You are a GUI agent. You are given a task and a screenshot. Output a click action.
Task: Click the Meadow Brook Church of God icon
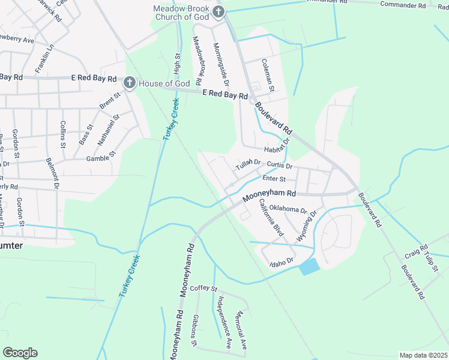click(x=218, y=11)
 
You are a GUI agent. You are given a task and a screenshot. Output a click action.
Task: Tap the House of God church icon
click(x=129, y=83)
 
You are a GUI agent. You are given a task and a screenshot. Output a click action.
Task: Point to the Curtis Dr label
click(x=280, y=166)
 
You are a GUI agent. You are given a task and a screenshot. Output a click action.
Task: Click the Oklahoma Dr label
click(x=288, y=209)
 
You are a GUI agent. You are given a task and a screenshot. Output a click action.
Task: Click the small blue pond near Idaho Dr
click(x=310, y=266)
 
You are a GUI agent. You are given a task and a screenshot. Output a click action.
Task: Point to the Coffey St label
click(x=203, y=289)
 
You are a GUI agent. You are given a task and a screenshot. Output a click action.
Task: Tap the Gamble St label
click(x=100, y=158)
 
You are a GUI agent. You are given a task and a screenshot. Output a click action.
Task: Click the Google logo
click(x=20, y=353)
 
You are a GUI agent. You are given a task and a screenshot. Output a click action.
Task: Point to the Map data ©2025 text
click(x=423, y=355)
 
